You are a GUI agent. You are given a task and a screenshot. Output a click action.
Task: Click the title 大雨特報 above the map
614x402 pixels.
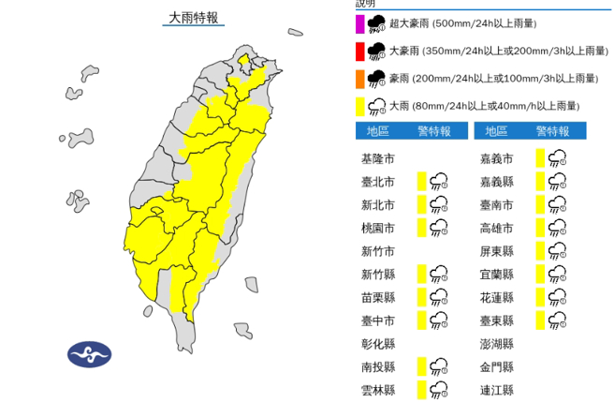pos(194,17)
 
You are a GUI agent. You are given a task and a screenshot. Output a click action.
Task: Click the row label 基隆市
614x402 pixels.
pos(379,157)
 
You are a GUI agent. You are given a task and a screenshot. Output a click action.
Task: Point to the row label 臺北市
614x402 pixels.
pos(379,181)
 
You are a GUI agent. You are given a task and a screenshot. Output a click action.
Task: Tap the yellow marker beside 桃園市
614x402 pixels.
pos(422,228)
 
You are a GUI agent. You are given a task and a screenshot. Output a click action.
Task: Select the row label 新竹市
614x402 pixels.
pos(379,251)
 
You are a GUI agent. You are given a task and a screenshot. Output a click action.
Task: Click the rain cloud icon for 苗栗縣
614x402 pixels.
pos(439,298)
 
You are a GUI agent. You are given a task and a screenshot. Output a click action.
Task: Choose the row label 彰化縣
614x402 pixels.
pos(379,344)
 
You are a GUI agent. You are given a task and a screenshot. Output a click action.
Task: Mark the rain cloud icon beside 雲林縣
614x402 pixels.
pos(439,390)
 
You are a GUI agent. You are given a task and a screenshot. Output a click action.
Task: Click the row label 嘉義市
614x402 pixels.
pos(496,157)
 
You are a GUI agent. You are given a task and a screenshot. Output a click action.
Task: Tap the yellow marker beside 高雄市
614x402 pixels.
pos(540,228)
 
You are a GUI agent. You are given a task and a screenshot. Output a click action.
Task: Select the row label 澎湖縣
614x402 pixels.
pos(496,344)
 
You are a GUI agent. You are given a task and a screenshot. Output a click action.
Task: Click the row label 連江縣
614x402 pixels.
pos(496,390)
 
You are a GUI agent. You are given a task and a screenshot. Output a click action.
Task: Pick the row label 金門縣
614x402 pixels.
pos(496,367)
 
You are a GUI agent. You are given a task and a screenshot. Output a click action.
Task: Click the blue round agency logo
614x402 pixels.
pos(89,354)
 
